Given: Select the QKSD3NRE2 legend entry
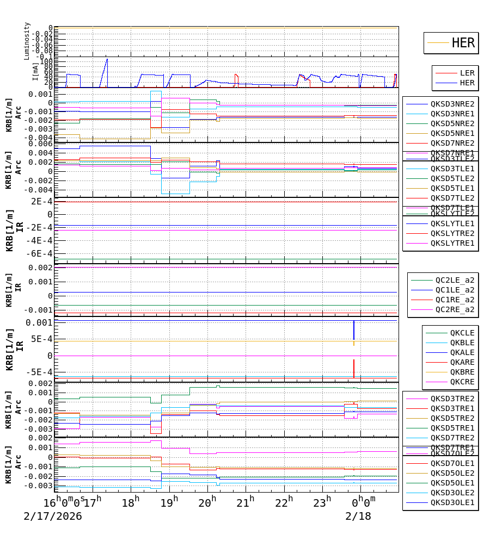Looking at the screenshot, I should [x=452, y=104].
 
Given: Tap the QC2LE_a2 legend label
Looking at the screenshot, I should [x=454, y=280].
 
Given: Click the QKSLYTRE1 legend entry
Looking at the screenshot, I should [x=452, y=243].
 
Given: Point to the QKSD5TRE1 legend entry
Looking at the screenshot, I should [x=452, y=428].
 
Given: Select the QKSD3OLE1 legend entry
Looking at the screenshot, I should [x=452, y=503].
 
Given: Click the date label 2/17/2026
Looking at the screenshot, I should [x=53, y=516].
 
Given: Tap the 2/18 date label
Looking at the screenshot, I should [x=358, y=516].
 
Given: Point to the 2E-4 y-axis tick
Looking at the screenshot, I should [x=41, y=201].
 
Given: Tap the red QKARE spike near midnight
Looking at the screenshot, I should [x=354, y=368].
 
